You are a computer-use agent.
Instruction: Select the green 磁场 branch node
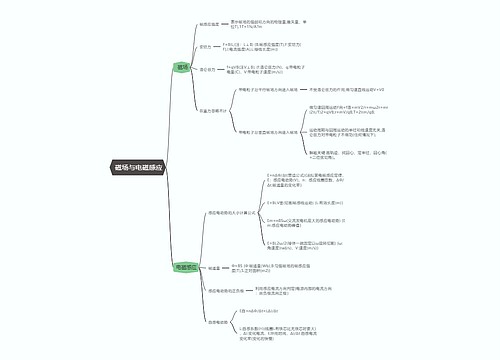coord(182,67)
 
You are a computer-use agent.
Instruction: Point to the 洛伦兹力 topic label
coord(209,69)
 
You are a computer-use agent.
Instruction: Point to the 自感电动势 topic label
coord(218,322)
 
